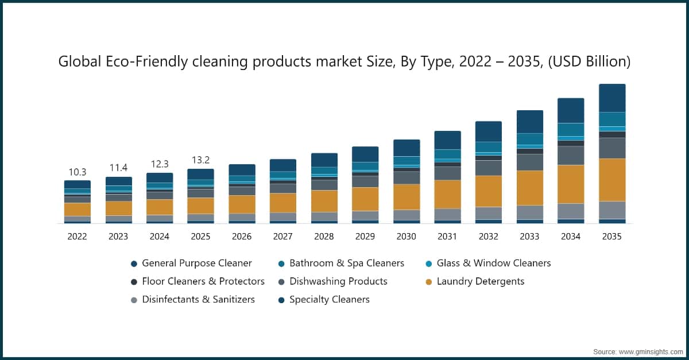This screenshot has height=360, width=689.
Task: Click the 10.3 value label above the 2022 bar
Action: click(77, 172)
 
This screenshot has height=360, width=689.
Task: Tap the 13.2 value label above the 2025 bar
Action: click(200, 160)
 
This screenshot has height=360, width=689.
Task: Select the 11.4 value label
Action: click(118, 168)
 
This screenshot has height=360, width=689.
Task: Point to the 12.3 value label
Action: click(160, 164)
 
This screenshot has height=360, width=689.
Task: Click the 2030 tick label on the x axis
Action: click(406, 237)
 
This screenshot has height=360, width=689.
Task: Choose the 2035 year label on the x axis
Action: click(612, 237)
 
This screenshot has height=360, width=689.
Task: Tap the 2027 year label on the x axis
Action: click(282, 237)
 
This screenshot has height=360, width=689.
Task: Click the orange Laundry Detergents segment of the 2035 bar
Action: click(612, 180)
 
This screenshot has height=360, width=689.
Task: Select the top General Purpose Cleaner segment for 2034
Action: click(571, 111)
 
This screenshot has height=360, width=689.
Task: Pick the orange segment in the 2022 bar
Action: click(77, 210)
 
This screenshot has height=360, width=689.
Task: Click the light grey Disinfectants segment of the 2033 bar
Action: click(530, 212)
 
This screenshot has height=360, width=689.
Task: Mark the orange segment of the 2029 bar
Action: click(365, 199)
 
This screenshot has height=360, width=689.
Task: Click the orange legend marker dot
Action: click(429, 282)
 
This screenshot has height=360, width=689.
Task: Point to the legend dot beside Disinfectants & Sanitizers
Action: click(134, 300)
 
